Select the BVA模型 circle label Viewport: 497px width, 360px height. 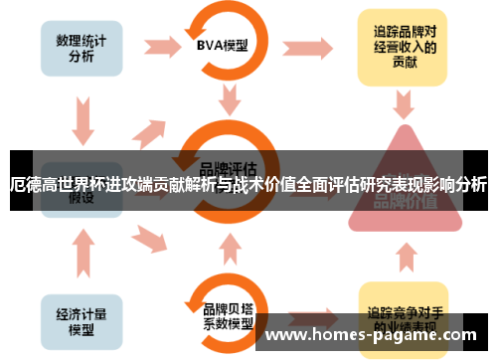pyautogui.click(x=222, y=45)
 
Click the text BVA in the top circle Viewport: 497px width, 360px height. pyautogui.click(x=212, y=45)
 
